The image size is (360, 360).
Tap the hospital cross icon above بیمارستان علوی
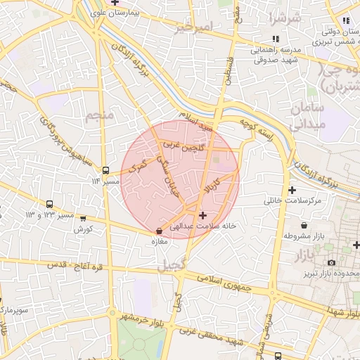point(115,2)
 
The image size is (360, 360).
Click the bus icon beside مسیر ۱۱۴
point(105,170)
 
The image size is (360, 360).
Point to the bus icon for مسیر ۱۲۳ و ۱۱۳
point(49,204)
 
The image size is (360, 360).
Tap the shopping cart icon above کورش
point(84,219)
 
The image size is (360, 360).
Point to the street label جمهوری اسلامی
point(217,281)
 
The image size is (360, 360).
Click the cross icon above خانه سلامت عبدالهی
point(203,214)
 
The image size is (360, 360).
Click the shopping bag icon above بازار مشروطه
point(303,225)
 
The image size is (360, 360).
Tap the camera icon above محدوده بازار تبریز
point(331,262)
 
